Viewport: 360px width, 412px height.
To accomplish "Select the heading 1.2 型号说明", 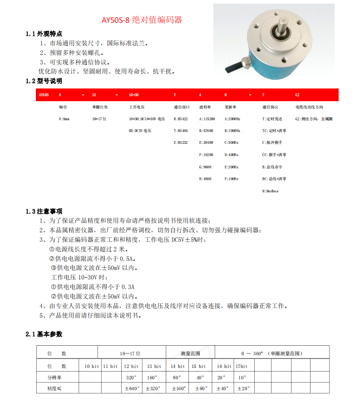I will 44,81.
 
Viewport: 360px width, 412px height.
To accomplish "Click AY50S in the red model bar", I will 44,95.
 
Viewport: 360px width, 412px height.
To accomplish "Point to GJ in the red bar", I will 297,95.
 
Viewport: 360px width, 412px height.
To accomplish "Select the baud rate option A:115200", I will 207,119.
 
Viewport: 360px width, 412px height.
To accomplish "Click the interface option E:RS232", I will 181,142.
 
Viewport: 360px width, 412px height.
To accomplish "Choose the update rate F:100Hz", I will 232,179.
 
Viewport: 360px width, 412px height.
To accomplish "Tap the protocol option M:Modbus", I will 270,191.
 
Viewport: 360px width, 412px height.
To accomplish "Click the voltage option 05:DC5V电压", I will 140,131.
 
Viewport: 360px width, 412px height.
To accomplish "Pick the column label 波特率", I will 205,107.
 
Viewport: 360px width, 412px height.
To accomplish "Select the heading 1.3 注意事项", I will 44,211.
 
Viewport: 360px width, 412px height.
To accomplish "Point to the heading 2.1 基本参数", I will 44,334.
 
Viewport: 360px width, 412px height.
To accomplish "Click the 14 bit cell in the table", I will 178,366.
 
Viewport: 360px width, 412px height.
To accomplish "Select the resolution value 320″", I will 132,377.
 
